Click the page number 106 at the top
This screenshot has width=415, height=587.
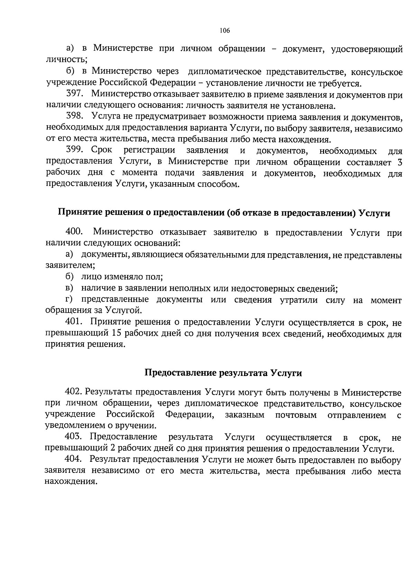[224, 30]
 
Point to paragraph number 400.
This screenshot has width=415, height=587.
[74, 232]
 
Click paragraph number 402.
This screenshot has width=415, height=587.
[73, 392]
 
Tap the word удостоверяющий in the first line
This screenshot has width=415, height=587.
[367, 49]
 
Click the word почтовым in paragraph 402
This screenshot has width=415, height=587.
[296, 415]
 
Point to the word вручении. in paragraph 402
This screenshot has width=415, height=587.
[136, 426]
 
